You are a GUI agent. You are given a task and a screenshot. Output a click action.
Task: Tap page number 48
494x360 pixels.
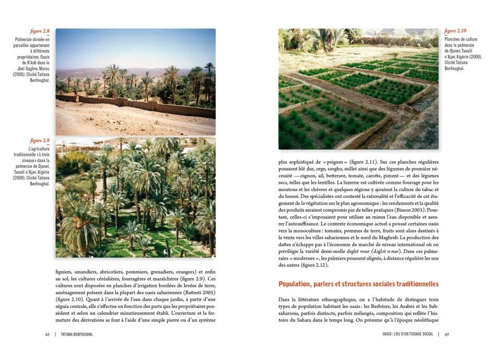(47, 334)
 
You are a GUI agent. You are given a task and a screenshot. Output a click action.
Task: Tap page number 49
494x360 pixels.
(447, 334)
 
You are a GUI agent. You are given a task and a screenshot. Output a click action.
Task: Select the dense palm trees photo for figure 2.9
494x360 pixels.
(135, 198)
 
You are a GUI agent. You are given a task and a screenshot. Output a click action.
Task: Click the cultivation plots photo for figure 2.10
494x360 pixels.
(359, 89)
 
